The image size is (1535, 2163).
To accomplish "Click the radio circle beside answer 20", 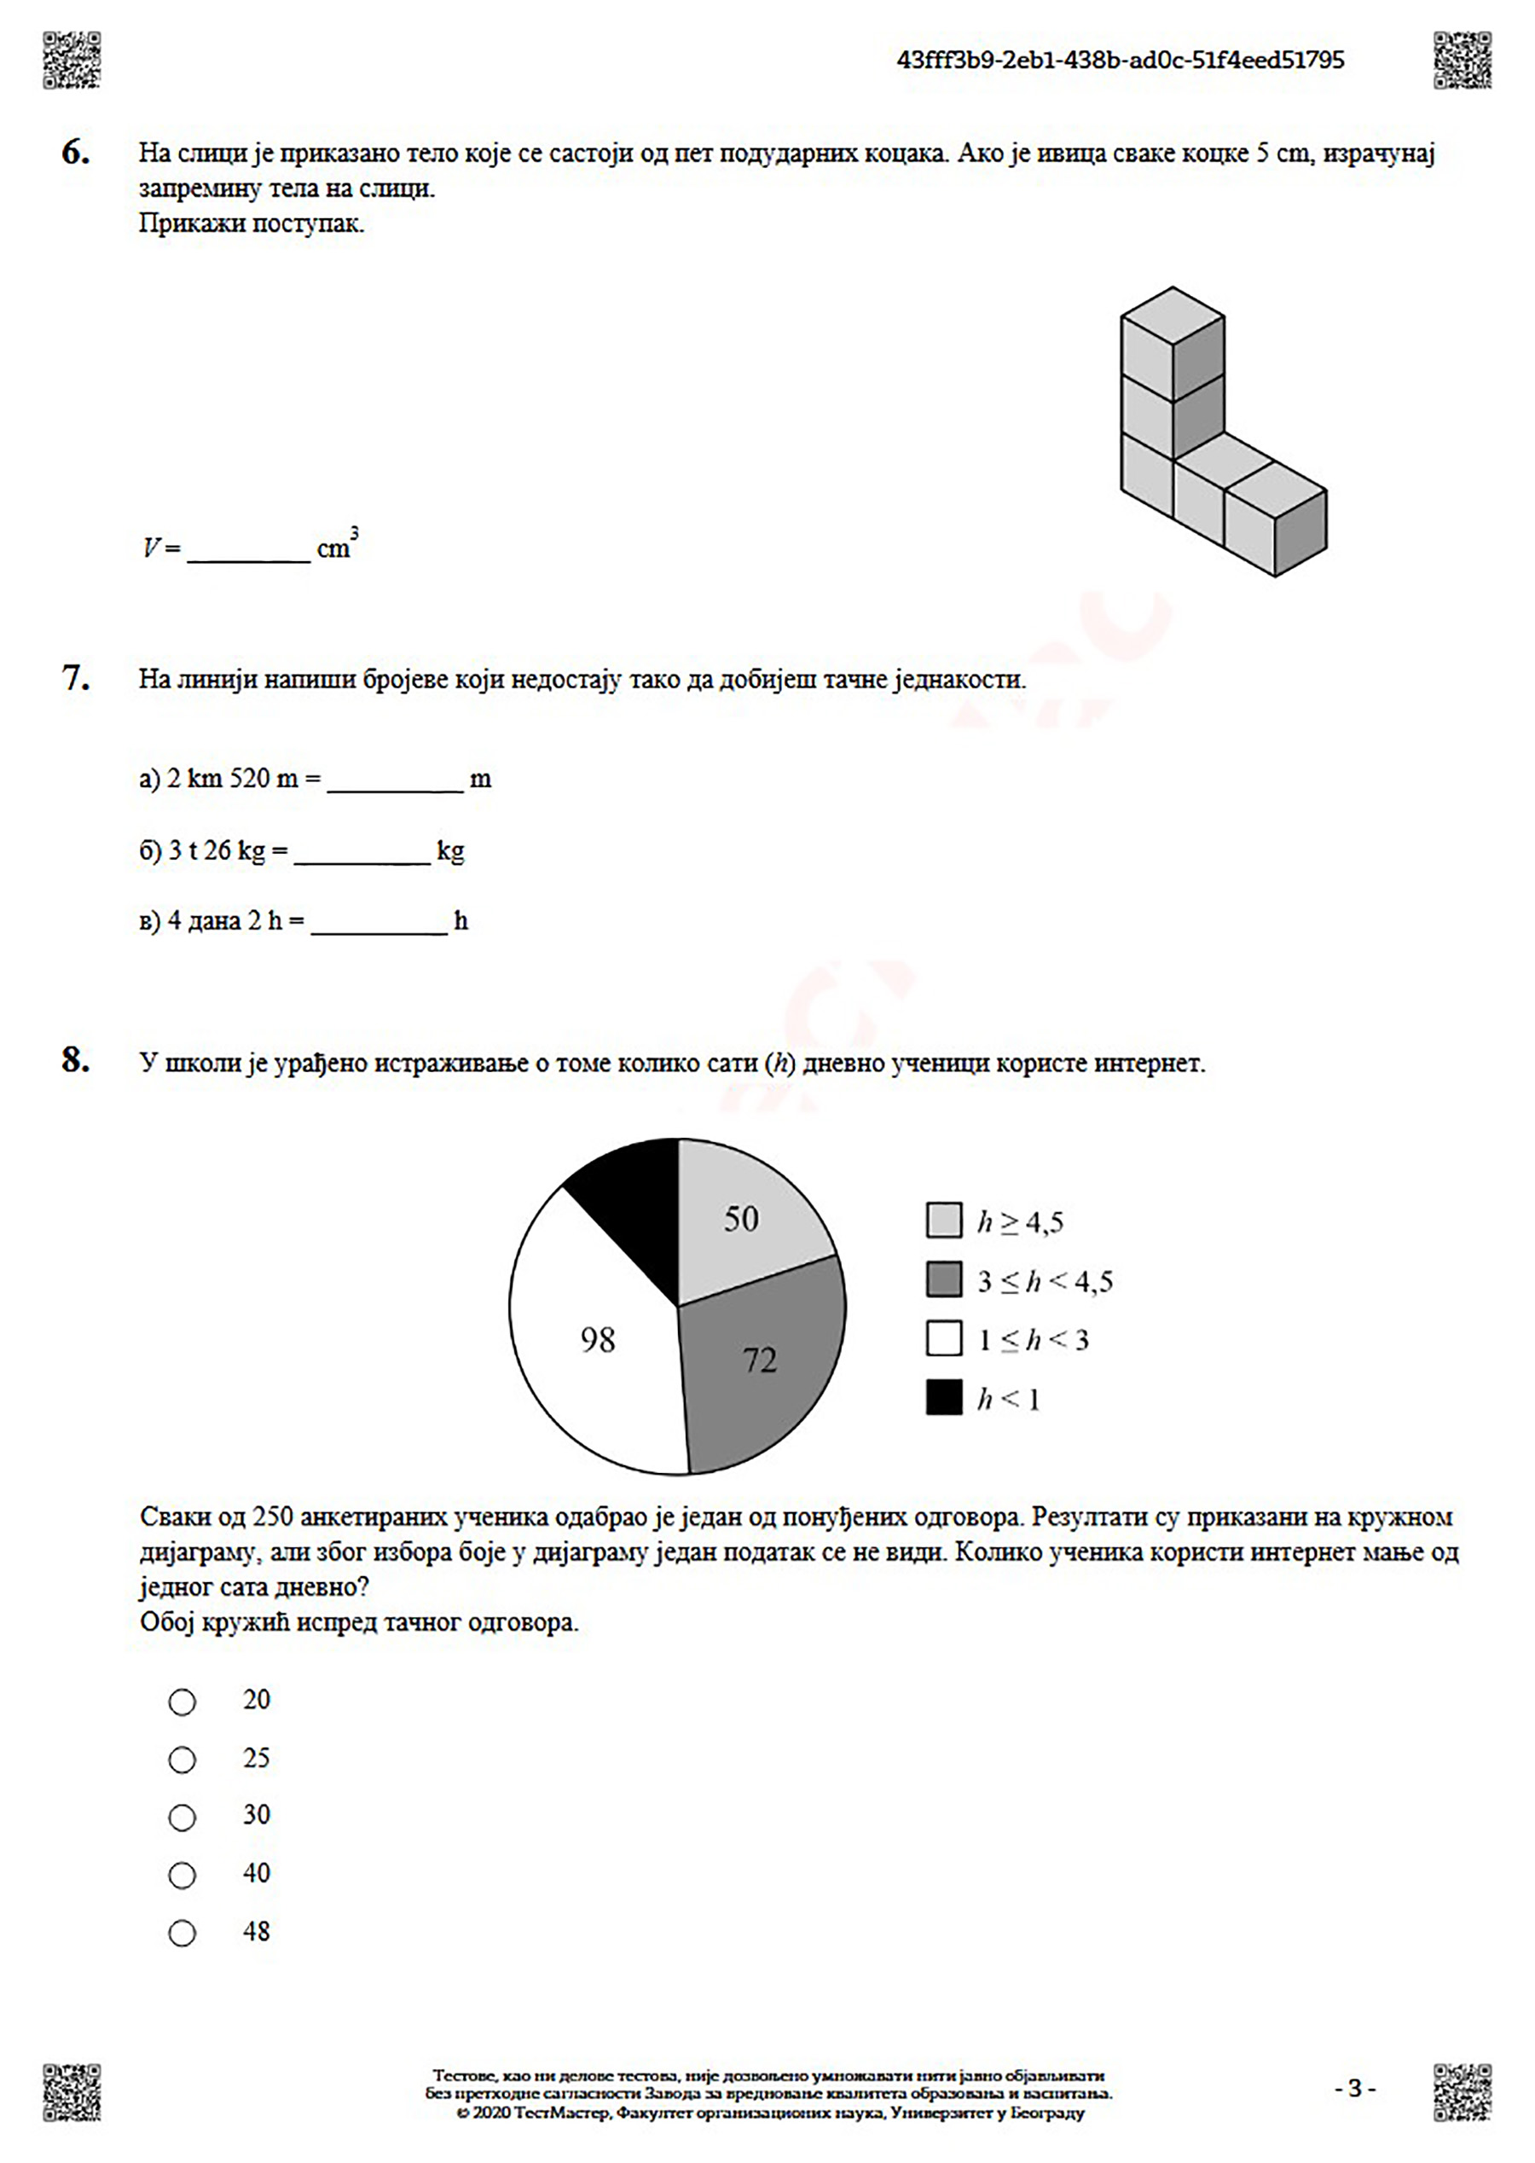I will (x=182, y=1702).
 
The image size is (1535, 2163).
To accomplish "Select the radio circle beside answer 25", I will (x=182, y=1760).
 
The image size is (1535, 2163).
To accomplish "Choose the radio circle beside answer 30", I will (x=182, y=1817).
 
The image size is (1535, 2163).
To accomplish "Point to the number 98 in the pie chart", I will (x=597, y=1340).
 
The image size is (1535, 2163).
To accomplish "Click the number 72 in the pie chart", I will (x=759, y=1360).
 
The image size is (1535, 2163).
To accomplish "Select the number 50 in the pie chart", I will (x=741, y=1219).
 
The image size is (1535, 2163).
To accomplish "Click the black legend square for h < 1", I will (x=943, y=1397).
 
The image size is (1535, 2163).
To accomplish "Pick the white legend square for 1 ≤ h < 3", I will (x=943, y=1338).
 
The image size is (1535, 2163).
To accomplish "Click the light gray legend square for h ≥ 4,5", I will (x=943, y=1221).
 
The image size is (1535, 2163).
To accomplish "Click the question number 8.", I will (x=76, y=1060).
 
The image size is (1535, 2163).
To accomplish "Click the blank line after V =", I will (x=249, y=550).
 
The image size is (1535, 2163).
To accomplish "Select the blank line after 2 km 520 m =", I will (x=395, y=780).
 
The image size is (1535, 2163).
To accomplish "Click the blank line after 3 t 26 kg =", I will (x=362, y=851).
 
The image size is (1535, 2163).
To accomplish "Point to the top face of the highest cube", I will (x=1172, y=315).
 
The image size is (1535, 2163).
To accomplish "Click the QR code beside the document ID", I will (x=1462, y=61).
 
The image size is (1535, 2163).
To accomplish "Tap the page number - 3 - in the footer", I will (x=1354, y=2088).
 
